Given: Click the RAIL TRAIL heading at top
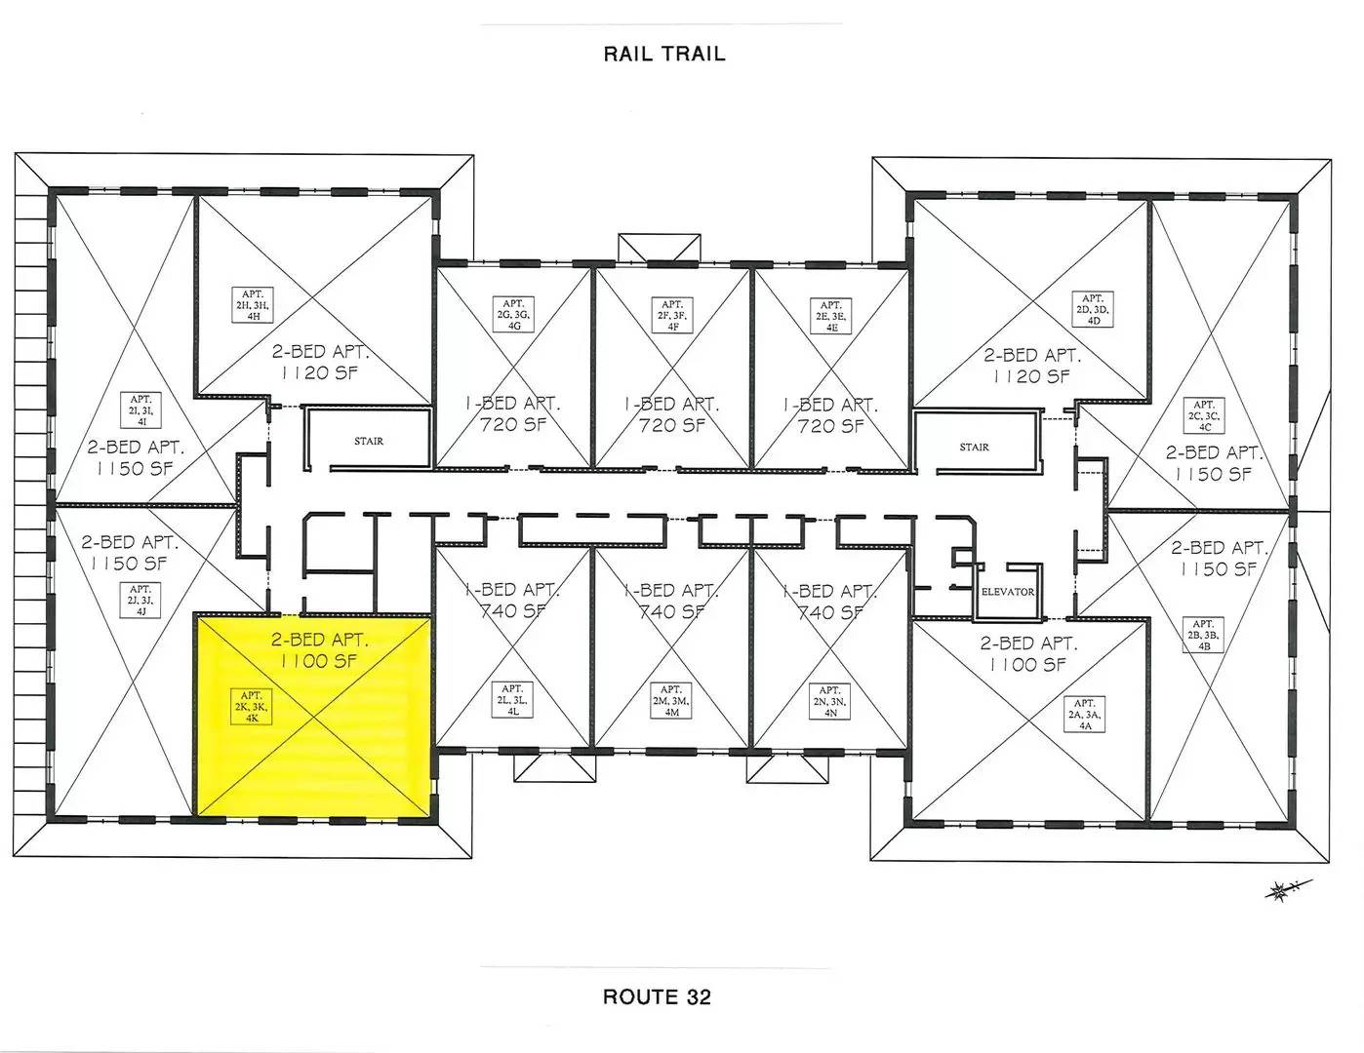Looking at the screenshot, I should click(663, 54).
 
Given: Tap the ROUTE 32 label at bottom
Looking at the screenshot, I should click(657, 996).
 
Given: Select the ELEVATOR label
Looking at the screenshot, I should click(1007, 592).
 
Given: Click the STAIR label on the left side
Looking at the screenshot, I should click(369, 441).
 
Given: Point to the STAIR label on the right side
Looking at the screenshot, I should click(974, 448).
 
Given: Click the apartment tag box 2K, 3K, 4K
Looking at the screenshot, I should click(252, 706).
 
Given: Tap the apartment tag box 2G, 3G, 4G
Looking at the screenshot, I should click(513, 315).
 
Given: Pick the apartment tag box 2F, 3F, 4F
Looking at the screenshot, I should click(672, 316).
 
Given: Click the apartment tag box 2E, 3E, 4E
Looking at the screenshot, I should click(831, 317).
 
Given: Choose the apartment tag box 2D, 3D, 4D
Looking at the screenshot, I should click(1092, 310).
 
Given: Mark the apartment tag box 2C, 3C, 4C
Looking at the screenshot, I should click(1204, 415).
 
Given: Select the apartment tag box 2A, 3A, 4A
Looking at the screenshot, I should click(1084, 715).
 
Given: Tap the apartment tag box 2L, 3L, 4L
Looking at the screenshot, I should click(512, 700).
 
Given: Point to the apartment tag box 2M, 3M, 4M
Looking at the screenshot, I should click(671, 700).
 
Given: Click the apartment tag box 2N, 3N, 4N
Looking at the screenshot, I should click(830, 701).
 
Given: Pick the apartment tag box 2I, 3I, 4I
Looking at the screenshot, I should click(140, 410).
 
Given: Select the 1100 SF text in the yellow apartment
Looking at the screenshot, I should click(319, 661).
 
